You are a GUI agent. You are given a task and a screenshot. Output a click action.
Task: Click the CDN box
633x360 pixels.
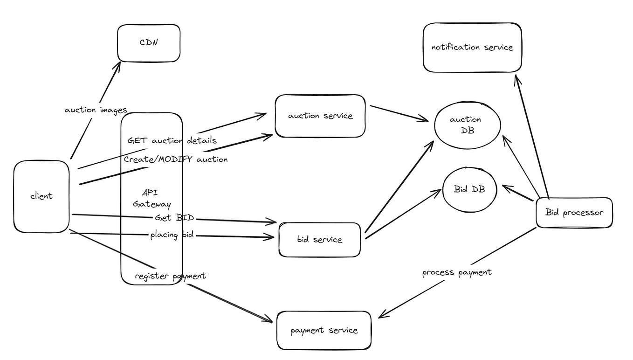(x=149, y=43)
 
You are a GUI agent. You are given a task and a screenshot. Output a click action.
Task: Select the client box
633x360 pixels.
(x=41, y=196)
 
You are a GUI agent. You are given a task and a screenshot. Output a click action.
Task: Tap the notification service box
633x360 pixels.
(x=472, y=48)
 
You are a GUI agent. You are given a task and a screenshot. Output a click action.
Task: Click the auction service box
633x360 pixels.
(x=320, y=116)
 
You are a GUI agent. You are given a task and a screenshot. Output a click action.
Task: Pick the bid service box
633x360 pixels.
(x=319, y=240)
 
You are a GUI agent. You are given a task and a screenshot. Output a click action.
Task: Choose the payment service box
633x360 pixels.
(x=324, y=331)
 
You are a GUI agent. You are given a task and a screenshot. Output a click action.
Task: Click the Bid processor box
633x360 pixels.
(x=574, y=213)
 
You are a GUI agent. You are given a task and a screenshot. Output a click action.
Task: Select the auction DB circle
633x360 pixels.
(x=467, y=125)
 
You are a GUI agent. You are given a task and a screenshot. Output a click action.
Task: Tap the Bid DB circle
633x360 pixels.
(x=469, y=190)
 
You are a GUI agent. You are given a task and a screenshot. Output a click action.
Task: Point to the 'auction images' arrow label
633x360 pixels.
(x=96, y=110)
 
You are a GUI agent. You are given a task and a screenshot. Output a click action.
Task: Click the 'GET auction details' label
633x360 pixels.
(x=172, y=140)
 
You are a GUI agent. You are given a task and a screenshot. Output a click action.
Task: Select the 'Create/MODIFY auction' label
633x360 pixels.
(x=176, y=159)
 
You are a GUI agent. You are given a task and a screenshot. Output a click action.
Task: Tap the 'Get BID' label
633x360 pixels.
(x=174, y=218)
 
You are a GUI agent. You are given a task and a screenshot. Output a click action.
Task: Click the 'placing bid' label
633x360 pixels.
(x=172, y=235)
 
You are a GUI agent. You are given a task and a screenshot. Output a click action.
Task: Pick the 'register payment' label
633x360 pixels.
(x=170, y=276)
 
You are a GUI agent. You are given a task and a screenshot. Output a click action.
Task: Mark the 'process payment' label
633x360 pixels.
(x=457, y=272)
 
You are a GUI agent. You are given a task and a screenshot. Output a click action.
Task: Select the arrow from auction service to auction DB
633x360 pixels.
(x=399, y=113)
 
